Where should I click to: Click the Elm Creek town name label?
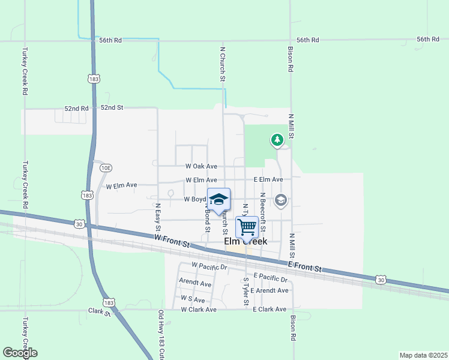(x=246, y=242)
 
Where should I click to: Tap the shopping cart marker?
(x=247, y=227)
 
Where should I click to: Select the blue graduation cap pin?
(x=219, y=200)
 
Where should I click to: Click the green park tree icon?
(x=277, y=140)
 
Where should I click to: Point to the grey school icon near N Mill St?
(x=280, y=200)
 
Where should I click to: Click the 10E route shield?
(x=106, y=168)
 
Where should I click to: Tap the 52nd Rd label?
(x=76, y=109)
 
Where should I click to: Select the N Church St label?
(x=223, y=65)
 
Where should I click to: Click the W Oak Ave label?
(x=201, y=166)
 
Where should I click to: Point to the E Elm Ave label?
(x=268, y=179)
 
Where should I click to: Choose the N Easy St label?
(x=158, y=217)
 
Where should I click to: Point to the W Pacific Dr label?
(x=209, y=265)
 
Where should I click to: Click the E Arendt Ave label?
(x=270, y=290)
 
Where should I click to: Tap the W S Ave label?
(x=193, y=299)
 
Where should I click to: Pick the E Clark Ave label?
(x=270, y=310)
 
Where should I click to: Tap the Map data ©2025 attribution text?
(x=423, y=355)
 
